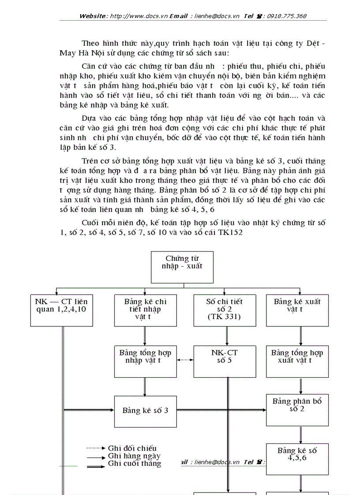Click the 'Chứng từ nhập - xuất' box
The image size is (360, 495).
[182, 267]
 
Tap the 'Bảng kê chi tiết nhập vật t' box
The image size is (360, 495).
[145, 310]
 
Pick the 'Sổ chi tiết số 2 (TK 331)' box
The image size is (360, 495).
[224, 310]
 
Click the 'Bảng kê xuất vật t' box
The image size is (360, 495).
[297, 310]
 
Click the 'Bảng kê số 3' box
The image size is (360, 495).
[145, 410]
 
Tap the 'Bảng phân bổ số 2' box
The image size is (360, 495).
[297, 410]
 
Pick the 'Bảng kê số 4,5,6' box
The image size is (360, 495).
[297, 458]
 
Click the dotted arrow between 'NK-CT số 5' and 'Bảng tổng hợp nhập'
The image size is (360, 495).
[184, 360]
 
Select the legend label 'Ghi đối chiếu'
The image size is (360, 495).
[132, 448]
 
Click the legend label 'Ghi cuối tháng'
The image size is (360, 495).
[135, 463]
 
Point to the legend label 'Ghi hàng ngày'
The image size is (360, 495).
[134, 456]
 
